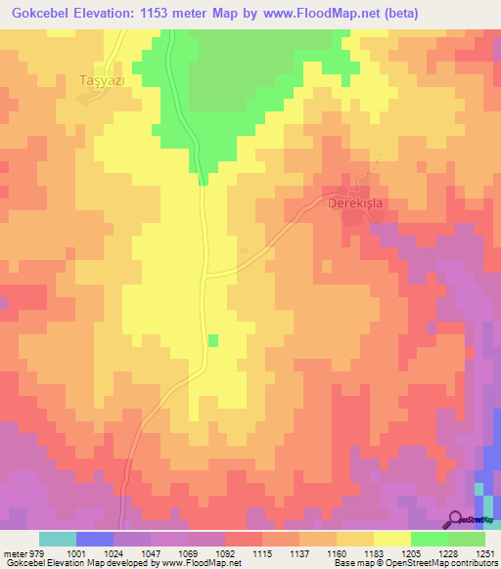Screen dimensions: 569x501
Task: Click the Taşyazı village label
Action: pos(101,83)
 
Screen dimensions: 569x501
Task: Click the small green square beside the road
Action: pos(212,340)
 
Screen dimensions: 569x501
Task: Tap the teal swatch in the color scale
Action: pos(57,539)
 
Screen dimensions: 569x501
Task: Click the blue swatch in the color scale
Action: pos(94,539)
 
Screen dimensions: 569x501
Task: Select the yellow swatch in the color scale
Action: pos(391,539)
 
